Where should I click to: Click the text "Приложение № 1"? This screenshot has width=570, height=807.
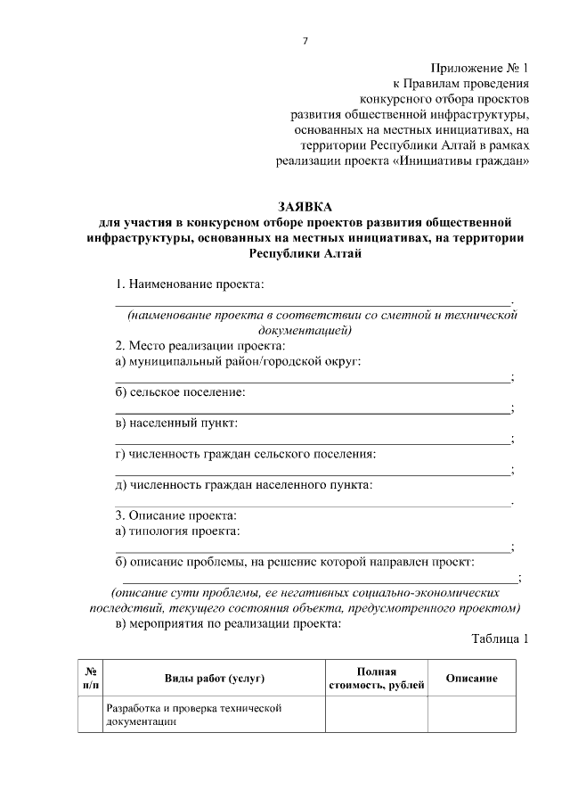[x=479, y=67]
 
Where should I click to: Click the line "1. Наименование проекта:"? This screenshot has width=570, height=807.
[x=190, y=284]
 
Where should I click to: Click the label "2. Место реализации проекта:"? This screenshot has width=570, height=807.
[x=200, y=346]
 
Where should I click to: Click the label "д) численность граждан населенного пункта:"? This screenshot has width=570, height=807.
[x=244, y=485]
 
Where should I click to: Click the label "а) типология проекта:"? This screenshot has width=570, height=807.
[x=178, y=531]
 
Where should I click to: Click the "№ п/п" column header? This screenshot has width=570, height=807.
[x=91, y=678]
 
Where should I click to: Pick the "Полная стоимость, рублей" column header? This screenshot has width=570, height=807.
[x=377, y=678]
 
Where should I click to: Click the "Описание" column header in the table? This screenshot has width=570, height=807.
[x=471, y=679]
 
